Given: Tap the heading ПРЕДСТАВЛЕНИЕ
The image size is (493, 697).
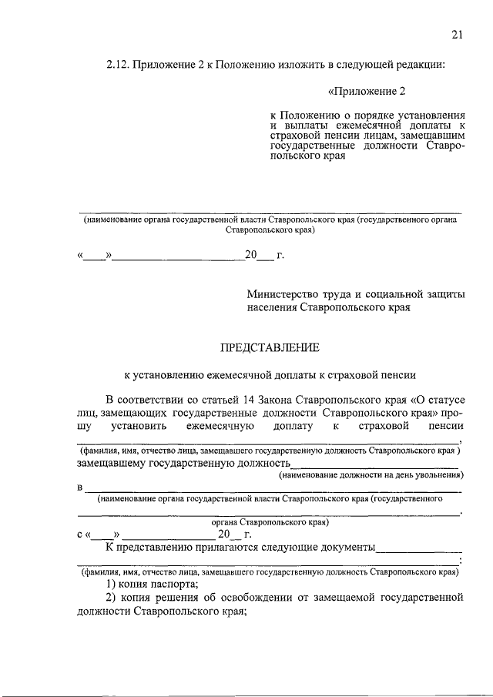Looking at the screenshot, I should tap(270, 347).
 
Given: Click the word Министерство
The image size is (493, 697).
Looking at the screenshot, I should tap(283, 294).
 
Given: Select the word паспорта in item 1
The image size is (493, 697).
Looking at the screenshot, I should tap(178, 584).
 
